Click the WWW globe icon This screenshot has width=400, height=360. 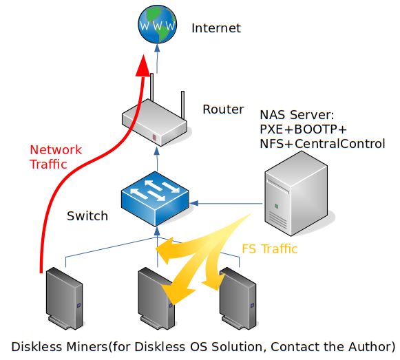pyautogui.click(x=157, y=23)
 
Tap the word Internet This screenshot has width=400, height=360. pyautogui.click(x=216, y=28)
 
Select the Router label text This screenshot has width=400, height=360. pyautogui.click(x=223, y=109)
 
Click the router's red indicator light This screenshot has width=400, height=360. pyautogui.click(x=155, y=137)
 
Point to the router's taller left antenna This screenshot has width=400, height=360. pyautogui.click(x=151, y=87)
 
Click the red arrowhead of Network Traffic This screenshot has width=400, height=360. pyautogui.click(x=143, y=65)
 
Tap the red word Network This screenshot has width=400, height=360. pyautogui.click(x=56, y=150)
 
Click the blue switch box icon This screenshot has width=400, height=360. pyautogui.click(x=155, y=199)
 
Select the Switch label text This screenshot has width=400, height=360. pyautogui.click(x=87, y=216)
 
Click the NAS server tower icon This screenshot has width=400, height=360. pyautogui.click(x=296, y=193)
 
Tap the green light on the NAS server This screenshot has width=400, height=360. pyautogui.click(x=276, y=206)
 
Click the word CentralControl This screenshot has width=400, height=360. pyautogui.click(x=340, y=144)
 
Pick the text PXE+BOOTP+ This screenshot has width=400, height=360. pyautogui.click(x=304, y=129)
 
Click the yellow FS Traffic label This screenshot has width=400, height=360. pyautogui.click(x=270, y=248)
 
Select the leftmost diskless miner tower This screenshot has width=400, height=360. pyautogui.click(x=64, y=298)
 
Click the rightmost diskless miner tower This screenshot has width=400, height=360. pyautogui.click(x=238, y=298)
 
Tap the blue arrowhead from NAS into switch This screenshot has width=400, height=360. pyautogui.click(x=193, y=203)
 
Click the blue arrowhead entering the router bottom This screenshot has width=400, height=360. pyautogui.click(x=157, y=151)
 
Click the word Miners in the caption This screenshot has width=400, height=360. pyautogui.click(x=87, y=347)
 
